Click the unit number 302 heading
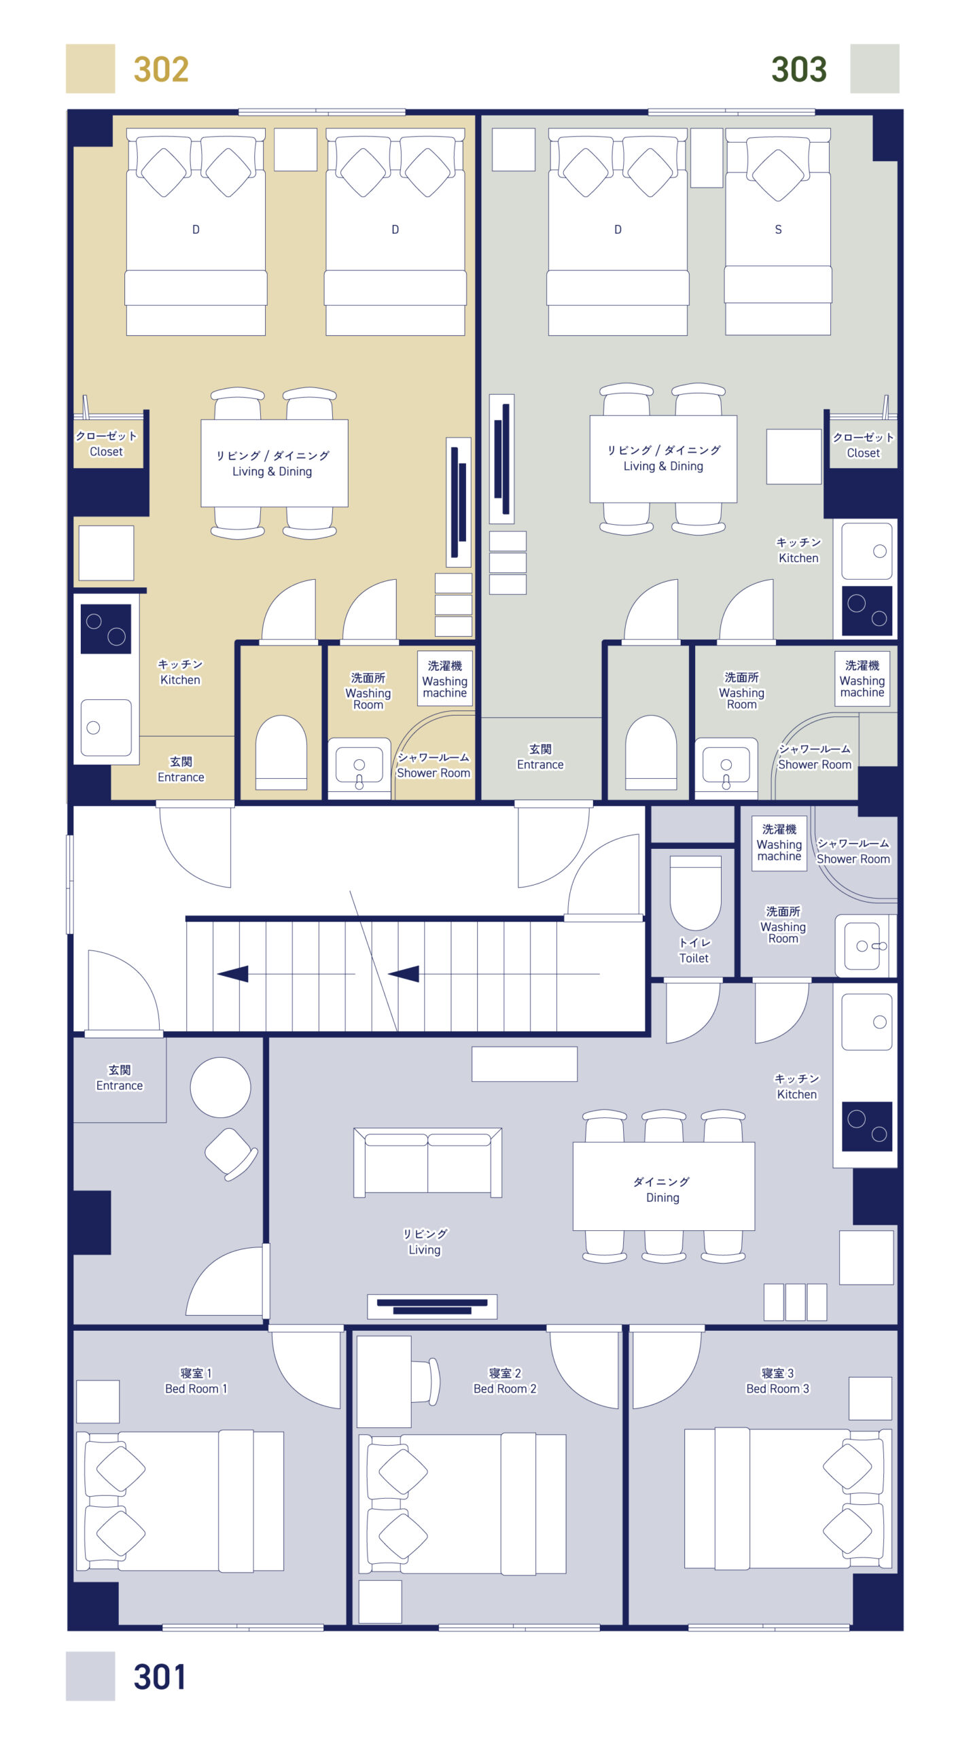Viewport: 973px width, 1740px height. pyautogui.click(x=161, y=69)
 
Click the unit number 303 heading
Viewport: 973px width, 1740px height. pyautogui.click(x=798, y=69)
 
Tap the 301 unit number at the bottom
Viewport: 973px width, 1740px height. pyautogui.click(x=160, y=1676)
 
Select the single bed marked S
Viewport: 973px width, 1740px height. pyautogui.click(x=778, y=231)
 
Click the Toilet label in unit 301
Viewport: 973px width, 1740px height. pyautogui.click(x=694, y=950)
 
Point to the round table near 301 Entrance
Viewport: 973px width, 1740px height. pyautogui.click(x=220, y=1087)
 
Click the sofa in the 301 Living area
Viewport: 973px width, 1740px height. pyautogui.click(x=427, y=1162)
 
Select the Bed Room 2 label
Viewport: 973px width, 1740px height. pyautogui.click(x=505, y=1382)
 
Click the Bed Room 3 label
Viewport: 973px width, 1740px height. pyautogui.click(x=777, y=1382)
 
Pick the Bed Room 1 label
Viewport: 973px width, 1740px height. pyautogui.click(x=196, y=1382)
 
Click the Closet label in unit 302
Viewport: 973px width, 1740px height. pyautogui.click(x=107, y=444)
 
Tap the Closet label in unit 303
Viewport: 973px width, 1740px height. pyautogui.click(x=863, y=445)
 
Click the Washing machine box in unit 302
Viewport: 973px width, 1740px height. pyautogui.click(x=444, y=678)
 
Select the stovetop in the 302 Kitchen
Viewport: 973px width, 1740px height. pyautogui.click(x=106, y=629)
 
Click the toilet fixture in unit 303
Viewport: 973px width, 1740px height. pyautogui.click(x=651, y=752)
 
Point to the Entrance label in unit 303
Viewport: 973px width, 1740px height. pyautogui.click(x=540, y=757)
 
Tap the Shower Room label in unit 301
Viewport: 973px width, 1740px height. pyautogui.click(x=853, y=852)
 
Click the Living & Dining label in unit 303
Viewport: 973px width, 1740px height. pyautogui.click(x=663, y=459)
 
